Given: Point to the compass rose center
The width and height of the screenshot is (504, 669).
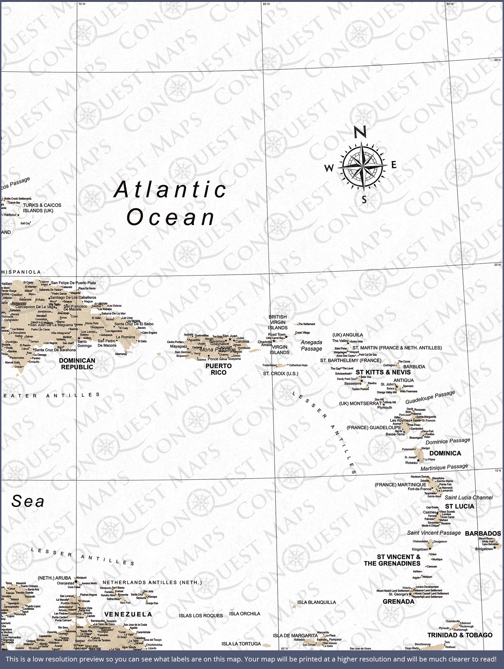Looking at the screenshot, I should [x=363, y=166].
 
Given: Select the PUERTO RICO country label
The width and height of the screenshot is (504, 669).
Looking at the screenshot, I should [x=219, y=369].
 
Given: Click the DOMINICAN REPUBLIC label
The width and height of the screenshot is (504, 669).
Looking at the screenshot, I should [x=77, y=363].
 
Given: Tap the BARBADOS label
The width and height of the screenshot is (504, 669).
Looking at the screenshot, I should [x=483, y=534].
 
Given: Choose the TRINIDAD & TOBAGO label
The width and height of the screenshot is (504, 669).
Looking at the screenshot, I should [x=459, y=635].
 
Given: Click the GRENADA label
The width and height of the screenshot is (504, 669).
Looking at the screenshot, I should [x=398, y=602].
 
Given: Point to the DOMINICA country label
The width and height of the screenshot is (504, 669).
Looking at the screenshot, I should [x=445, y=453].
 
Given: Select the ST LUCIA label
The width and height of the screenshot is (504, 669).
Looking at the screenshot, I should [x=459, y=506].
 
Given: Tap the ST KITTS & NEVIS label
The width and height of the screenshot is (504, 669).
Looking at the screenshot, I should [x=383, y=372].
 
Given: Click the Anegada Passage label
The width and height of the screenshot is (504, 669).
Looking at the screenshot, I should [x=311, y=345].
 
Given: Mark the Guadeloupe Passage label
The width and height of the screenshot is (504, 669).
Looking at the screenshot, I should [x=430, y=397].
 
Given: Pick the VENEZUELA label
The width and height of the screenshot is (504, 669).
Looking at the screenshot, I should [x=128, y=614].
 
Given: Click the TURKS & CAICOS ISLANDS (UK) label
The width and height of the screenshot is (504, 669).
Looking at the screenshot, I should [x=42, y=208].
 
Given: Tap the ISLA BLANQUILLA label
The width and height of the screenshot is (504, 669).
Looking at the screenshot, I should [x=316, y=602].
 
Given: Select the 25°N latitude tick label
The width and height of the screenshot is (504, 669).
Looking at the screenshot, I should [x=497, y=60].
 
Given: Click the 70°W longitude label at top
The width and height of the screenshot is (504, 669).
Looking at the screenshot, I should [x=82, y=4].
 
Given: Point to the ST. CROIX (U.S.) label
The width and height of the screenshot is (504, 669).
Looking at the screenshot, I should [x=280, y=374].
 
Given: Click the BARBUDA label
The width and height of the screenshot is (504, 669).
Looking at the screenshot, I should [x=414, y=367].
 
